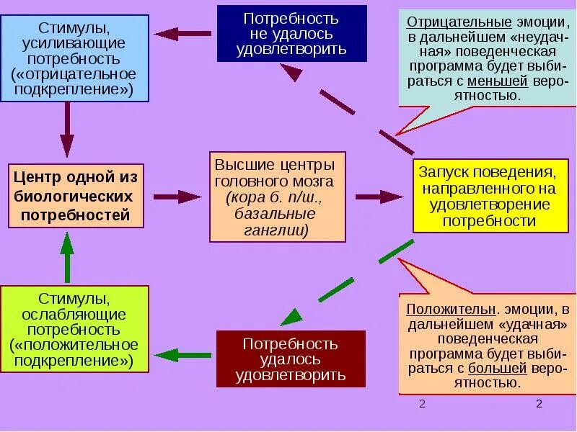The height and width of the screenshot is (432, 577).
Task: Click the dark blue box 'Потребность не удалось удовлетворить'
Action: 291,33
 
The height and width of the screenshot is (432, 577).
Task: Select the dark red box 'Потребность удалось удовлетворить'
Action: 291,359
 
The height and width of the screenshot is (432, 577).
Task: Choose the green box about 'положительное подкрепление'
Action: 74,328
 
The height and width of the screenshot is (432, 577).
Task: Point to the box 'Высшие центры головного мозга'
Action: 277,196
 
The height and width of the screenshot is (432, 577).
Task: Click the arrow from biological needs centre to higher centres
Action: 177,197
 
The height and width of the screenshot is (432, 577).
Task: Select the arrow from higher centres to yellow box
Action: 379,197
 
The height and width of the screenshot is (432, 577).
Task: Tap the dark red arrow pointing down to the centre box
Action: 67,130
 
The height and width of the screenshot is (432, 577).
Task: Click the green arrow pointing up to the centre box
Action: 67,257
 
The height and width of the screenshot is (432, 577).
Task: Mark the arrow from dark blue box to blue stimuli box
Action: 182,33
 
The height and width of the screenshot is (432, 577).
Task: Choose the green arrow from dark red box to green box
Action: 182,354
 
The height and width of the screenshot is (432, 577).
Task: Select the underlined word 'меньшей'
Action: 493,81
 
